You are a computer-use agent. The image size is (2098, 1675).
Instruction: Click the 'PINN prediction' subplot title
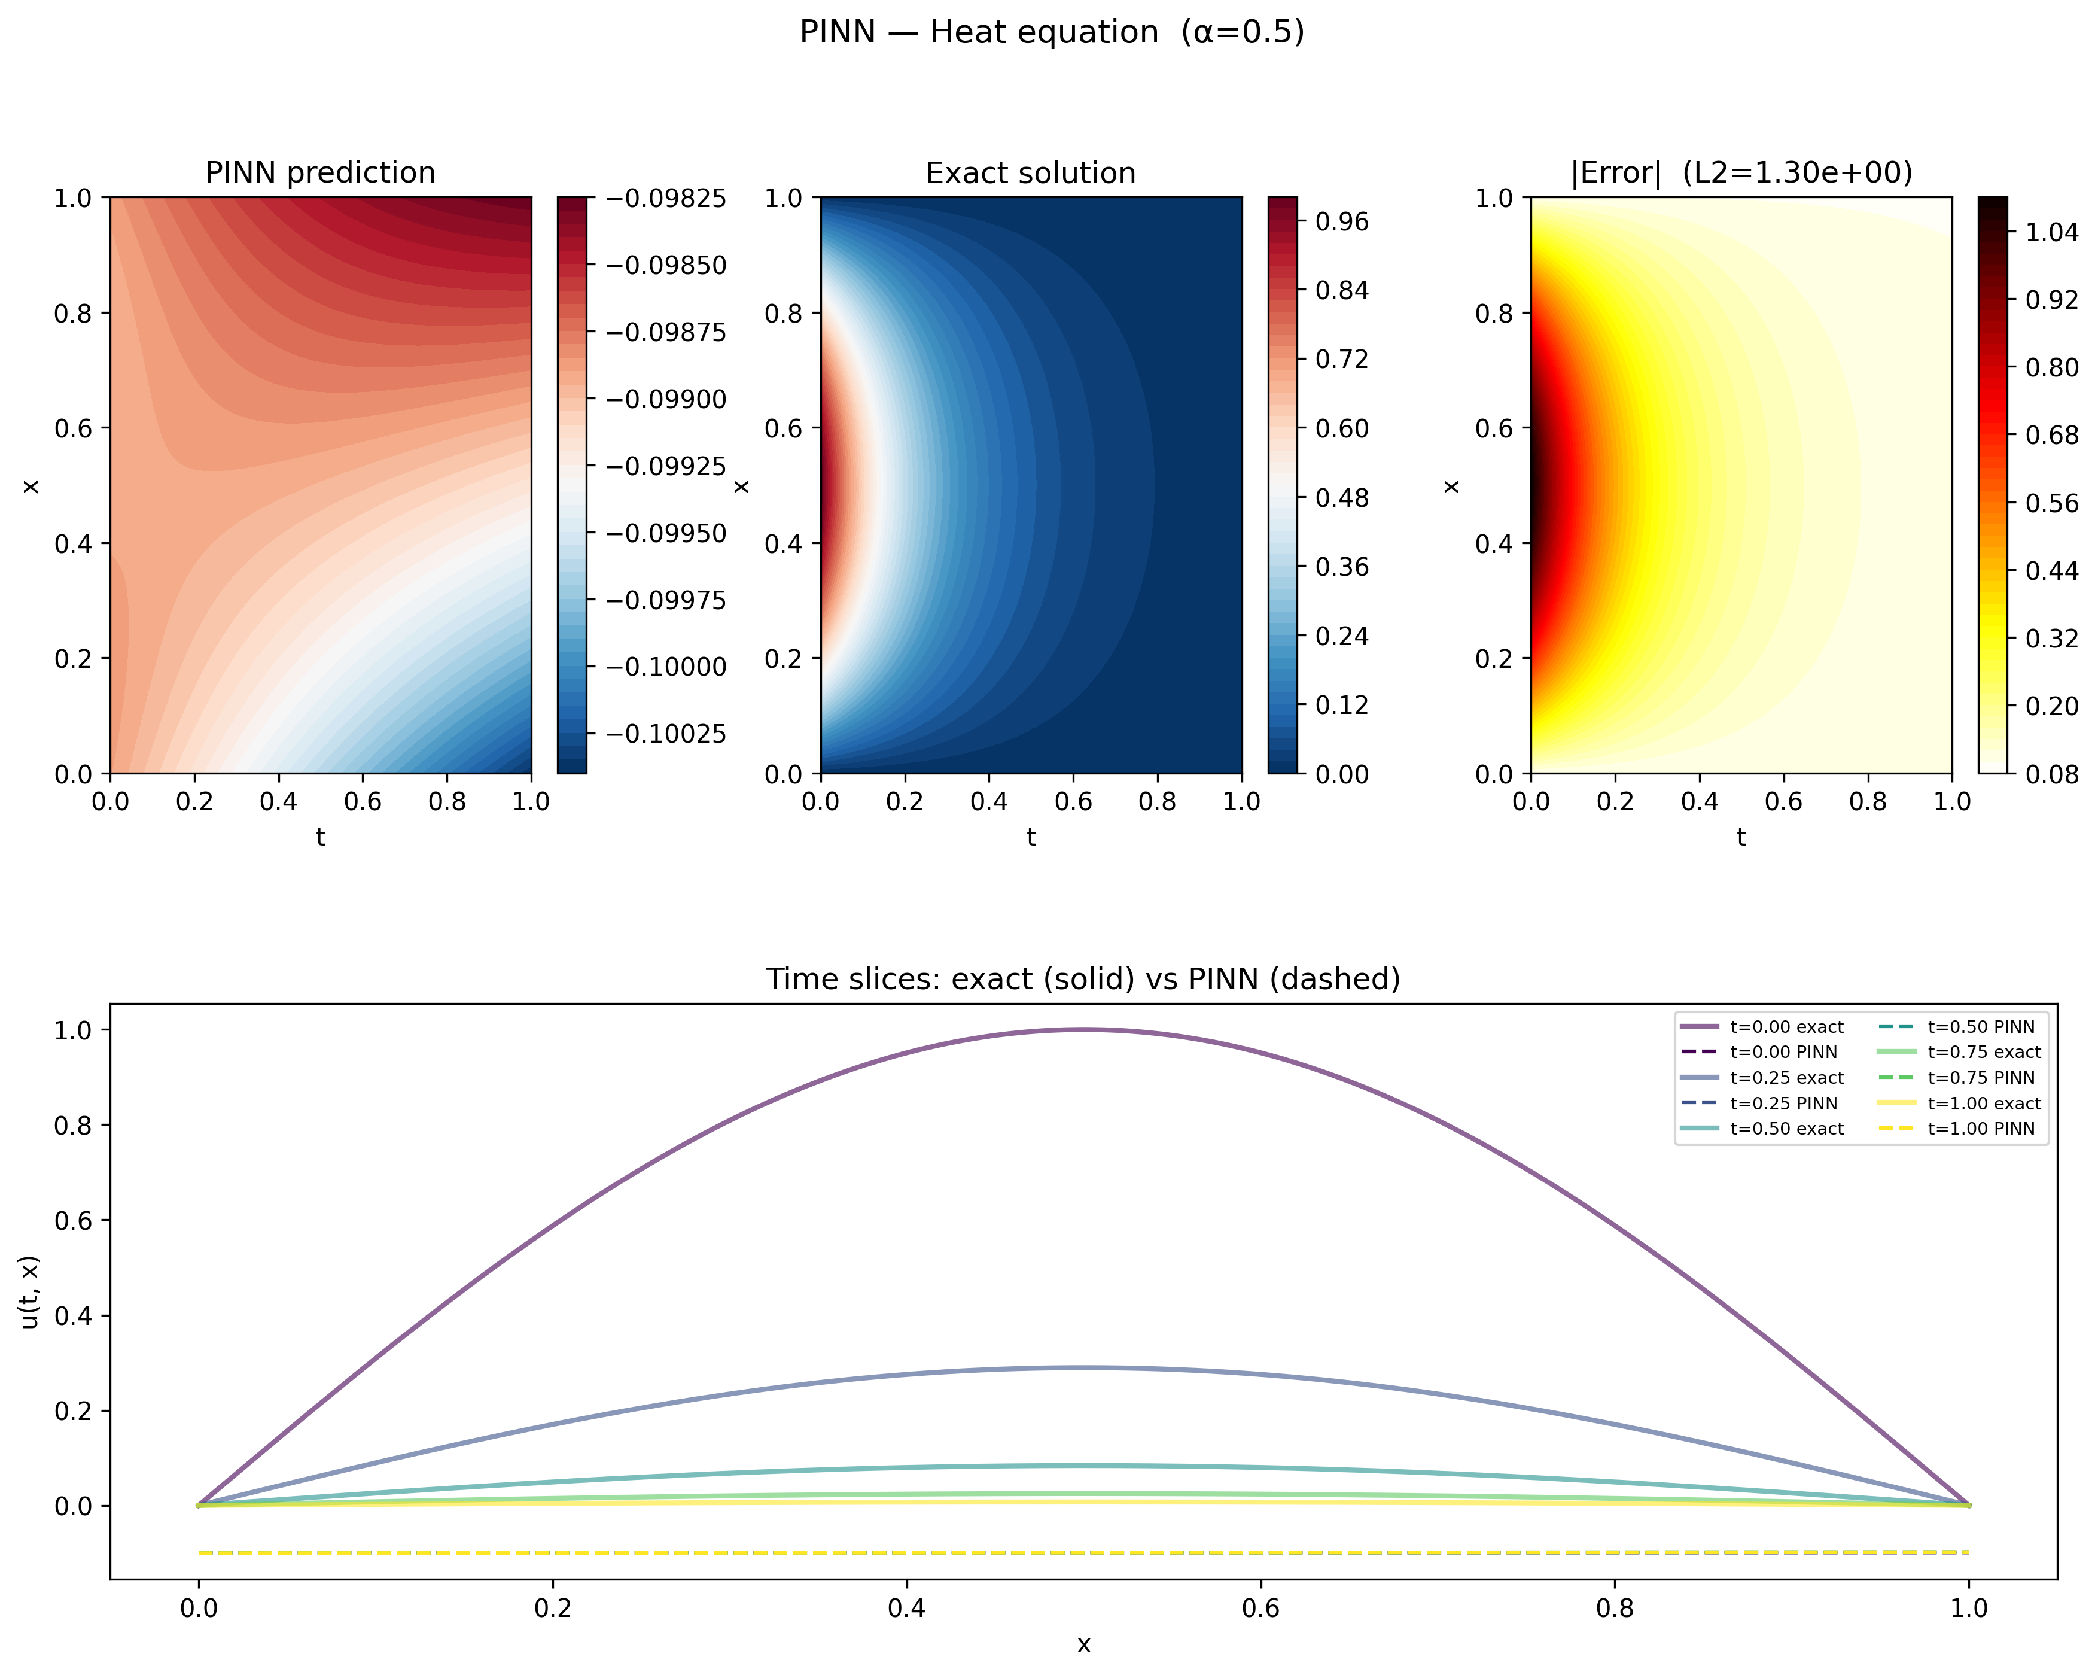click(x=320, y=172)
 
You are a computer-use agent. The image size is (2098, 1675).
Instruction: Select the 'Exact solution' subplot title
click(x=1031, y=173)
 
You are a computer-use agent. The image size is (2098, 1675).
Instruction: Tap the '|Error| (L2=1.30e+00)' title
click(x=1741, y=172)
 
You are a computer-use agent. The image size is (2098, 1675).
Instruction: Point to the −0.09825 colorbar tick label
click(x=666, y=199)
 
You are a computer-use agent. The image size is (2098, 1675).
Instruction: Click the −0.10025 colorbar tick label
click(x=666, y=734)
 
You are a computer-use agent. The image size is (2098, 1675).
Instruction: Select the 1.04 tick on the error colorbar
click(x=2051, y=233)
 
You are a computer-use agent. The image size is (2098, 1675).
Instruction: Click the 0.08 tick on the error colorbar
click(x=2051, y=775)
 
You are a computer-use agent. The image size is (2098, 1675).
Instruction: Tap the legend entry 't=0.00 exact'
click(x=1786, y=1027)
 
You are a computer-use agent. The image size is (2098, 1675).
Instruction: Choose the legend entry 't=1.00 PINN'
click(x=1981, y=1129)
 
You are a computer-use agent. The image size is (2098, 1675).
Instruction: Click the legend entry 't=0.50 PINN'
click(x=1981, y=1027)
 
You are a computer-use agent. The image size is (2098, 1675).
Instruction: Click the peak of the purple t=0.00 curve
click(x=1084, y=1030)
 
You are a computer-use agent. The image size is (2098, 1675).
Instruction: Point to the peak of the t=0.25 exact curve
click(x=1084, y=1367)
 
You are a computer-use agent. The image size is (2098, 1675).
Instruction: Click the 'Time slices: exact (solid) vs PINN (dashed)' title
click(x=1083, y=979)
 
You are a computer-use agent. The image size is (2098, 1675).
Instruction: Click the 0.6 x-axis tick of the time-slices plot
click(x=1260, y=1608)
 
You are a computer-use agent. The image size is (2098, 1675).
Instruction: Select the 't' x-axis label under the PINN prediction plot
click(x=320, y=837)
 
